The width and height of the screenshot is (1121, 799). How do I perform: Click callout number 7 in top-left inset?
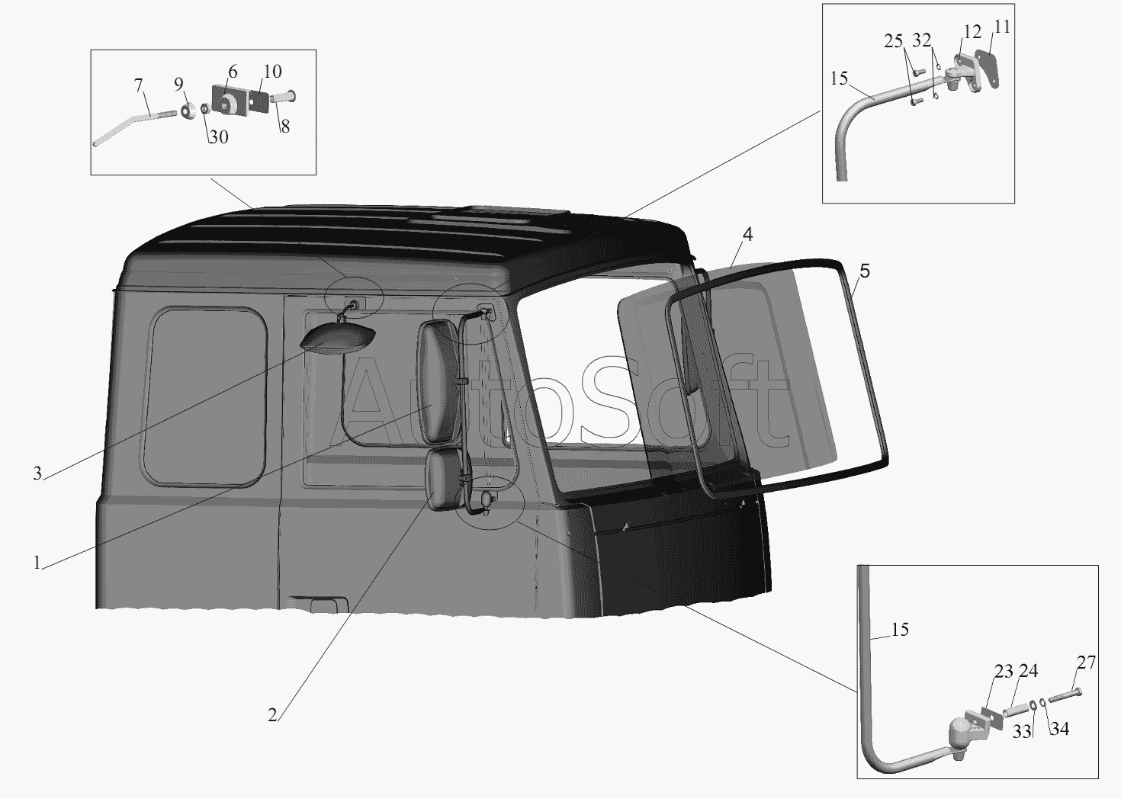pos(139,85)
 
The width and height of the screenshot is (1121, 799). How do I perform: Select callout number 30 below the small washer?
pos(218,136)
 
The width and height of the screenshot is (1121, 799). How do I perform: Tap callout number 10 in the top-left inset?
pos(272,71)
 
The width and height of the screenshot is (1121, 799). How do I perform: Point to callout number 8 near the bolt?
pos(284,127)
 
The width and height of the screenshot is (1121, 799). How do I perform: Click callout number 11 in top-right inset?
pos(1002,26)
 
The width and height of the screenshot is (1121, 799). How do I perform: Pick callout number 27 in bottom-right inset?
pos(1086,663)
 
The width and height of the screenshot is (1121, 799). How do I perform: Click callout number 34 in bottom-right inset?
pos(1059,729)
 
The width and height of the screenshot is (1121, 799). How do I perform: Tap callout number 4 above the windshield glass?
pos(747,233)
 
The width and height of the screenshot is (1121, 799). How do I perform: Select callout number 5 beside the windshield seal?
pos(865,271)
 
